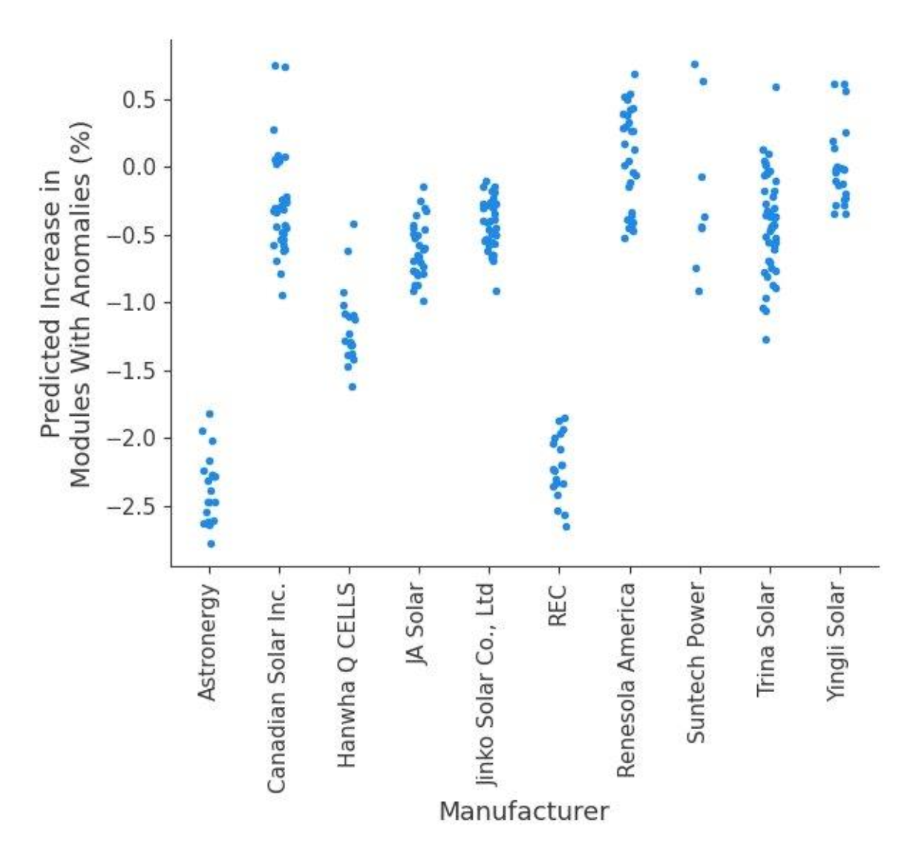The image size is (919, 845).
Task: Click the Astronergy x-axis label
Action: coord(209,642)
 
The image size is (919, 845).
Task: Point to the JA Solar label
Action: coord(416,624)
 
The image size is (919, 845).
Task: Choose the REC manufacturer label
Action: coord(557,606)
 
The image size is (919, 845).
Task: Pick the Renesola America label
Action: coord(627,679)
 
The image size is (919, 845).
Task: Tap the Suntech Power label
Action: coord(696,663)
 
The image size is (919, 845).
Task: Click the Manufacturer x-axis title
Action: coord(524,811)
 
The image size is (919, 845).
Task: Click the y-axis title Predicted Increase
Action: coord(65,304)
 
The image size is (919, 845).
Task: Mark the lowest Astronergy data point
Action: coord(212,544)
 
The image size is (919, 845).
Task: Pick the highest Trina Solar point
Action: coord(776,88)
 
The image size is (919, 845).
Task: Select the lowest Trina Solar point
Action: coord(766,340)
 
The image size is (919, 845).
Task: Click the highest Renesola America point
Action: coord(635,75)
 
